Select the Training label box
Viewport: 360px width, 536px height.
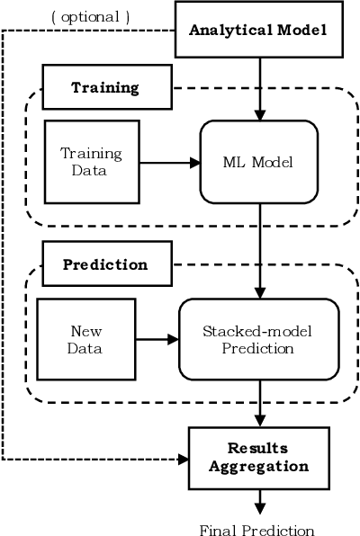[105, 87]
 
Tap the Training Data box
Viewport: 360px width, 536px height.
[90, 162]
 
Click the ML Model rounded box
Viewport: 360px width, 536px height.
[259, 163]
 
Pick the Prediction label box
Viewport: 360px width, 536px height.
[105, 264]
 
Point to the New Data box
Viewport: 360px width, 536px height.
[85, 339]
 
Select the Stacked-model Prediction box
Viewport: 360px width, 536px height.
[259, 339]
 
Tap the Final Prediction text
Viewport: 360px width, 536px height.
[257, 530]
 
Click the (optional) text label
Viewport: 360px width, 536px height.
[90, 16]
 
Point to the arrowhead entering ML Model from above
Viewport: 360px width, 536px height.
[260, 115]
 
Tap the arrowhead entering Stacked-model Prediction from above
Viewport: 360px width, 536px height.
[260, 293]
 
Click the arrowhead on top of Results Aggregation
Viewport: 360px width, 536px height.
[260, 422]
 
